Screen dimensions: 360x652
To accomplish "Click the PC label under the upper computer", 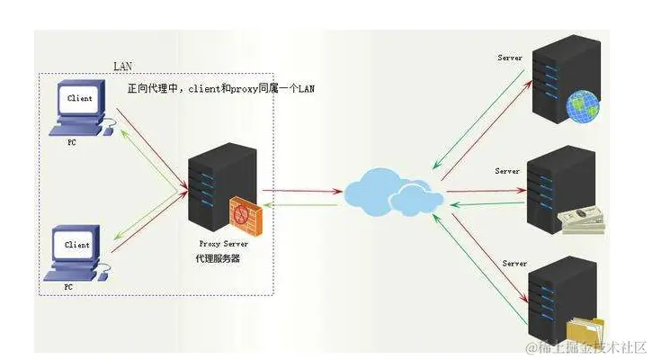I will [x=71, y=142].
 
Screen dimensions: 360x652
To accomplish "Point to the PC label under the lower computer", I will [x=68, y=286].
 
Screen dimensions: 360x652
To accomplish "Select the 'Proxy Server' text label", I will [x=222, y=243].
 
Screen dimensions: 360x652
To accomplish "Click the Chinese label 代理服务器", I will [x=217, y=258].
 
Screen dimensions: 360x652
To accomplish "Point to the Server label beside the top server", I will [x=510, y=58].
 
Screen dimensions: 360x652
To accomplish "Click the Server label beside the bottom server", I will [x=514, y=264].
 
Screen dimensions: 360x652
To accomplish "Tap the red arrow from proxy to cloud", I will [x=300, y=190].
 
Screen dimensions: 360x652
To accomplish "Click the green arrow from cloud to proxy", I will [x=300, y=205].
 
